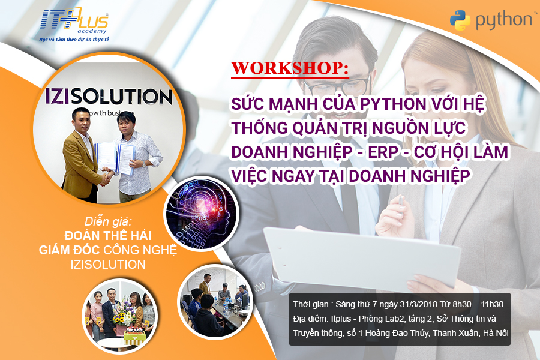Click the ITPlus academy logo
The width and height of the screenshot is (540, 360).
[74, 22]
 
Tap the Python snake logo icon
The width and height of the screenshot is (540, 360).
[460, 20]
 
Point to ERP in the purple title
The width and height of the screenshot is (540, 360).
[383, 152]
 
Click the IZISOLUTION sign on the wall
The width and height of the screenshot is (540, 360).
[109, 97]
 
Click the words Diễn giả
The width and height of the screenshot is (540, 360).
[108, 221]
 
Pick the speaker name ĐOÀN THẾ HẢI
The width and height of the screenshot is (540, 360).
[108, 236]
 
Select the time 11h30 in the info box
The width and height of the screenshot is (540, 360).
[492, 305]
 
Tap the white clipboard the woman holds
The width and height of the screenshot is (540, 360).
[362, 259]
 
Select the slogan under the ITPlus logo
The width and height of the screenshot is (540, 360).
[74, 40]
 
